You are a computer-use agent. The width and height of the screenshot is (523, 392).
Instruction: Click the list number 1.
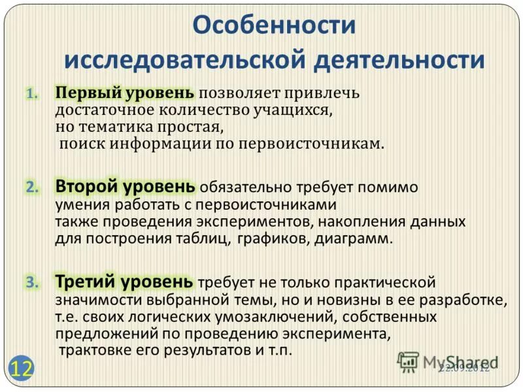click(x=33, y=94)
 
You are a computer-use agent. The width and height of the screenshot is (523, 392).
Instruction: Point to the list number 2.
click(x=33, y=188)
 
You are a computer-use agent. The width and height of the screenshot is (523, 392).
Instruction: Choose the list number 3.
click(x=33, y=283)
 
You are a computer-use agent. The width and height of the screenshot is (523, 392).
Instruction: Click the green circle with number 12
click(x=21, y=367)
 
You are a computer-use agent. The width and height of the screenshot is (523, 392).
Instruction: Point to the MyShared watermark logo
click(x=448, y=362)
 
